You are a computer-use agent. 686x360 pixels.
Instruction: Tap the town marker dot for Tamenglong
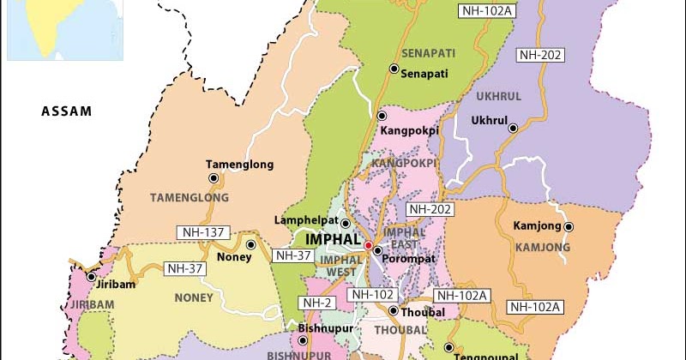214,178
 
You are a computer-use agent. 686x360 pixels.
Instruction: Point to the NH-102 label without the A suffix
373,295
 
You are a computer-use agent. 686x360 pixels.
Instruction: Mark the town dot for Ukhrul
513,129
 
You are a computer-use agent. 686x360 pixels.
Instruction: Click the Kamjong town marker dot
568,226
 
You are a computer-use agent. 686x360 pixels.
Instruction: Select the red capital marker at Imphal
368,246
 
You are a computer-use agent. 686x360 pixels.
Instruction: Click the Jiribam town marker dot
91,277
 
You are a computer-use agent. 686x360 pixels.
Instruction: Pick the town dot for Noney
250,244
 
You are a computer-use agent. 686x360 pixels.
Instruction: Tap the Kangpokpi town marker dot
381,116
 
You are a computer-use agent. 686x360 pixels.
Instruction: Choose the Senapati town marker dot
394,69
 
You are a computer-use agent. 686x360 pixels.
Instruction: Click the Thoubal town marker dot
393,311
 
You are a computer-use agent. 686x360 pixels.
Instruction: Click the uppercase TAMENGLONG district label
190,197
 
